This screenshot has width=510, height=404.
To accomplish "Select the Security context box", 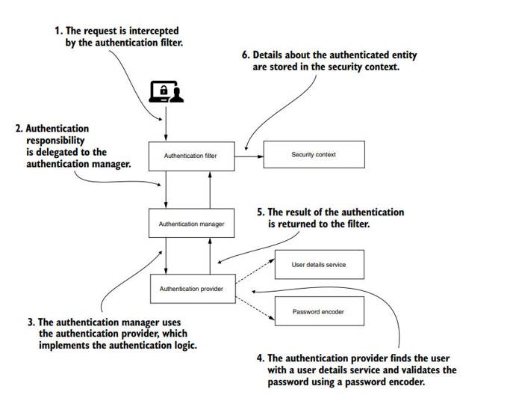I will pos(313,155).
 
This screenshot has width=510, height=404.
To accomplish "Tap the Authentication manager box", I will pos(192,223).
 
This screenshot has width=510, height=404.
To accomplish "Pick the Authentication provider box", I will pos(192,288).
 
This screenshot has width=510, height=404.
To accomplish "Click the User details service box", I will pos(319,264).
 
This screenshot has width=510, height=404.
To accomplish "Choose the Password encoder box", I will pos(319,311).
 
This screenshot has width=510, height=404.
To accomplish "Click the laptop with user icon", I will pos(167,91).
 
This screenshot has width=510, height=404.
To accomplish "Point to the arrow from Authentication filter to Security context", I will pos(250,156).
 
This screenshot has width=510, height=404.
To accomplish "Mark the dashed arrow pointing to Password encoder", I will pos(253,302).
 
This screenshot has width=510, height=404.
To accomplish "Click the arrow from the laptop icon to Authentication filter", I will pos(167,121).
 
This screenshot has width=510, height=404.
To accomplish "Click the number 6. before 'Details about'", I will pos(246,55).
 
